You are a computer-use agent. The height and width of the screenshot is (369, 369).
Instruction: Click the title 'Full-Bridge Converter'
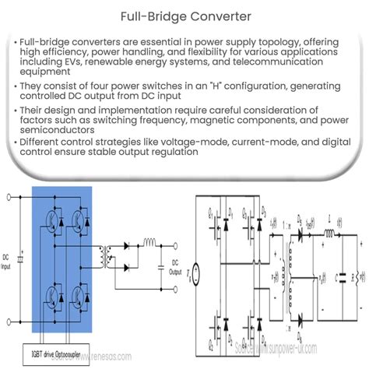coord(184,16)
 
